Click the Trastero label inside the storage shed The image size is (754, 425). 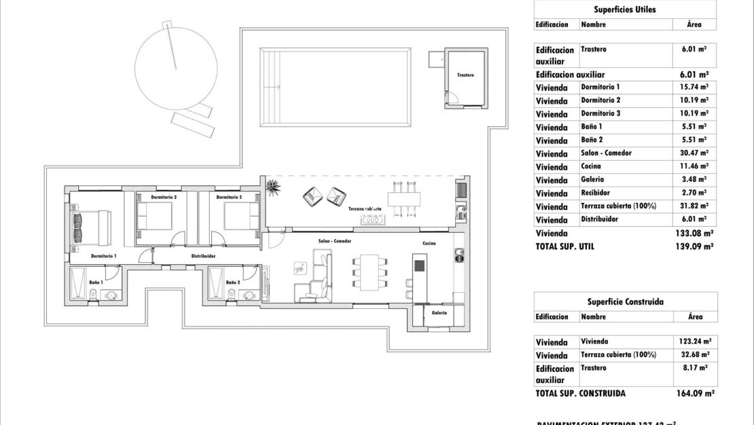[465, 75]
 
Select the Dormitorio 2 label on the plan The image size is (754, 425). [164, 198]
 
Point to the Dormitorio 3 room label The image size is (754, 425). [229, 198]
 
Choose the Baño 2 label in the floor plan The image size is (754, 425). [233, 282]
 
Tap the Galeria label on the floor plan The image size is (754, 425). [439, 313]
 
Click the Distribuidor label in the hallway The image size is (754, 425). [203, 257]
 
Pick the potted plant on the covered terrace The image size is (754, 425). [274, 186]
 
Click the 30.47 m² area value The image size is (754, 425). [694, 153]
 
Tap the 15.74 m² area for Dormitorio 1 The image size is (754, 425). [694, 88]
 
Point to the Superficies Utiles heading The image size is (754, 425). [624, 10]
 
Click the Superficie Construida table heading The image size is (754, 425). [625, 302]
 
